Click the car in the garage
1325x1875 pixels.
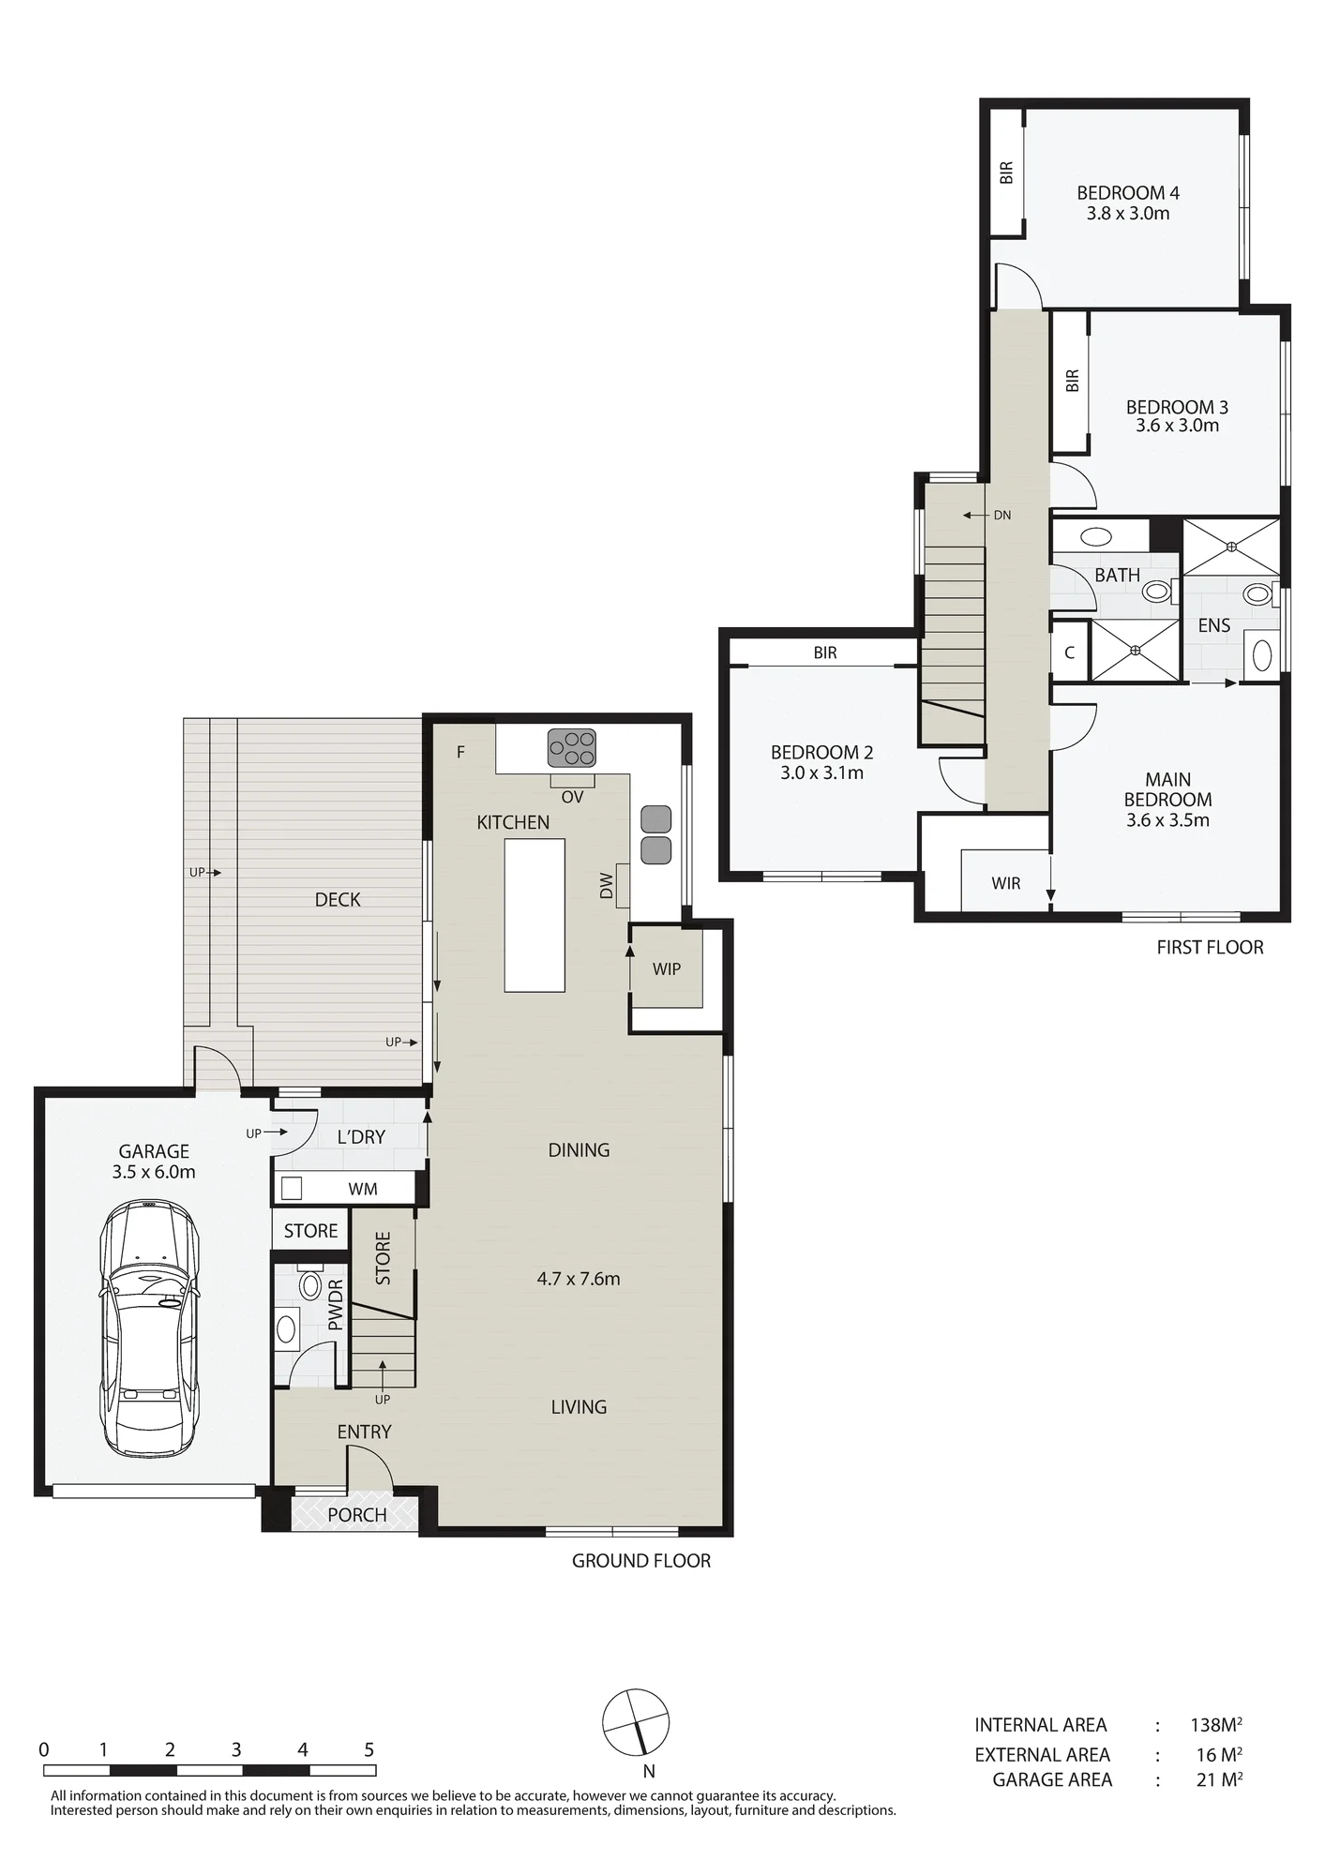[150, 1328]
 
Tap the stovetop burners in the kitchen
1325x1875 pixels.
[572, 749]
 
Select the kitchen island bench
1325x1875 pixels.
[535, 915]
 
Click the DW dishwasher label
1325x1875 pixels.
[606, 886]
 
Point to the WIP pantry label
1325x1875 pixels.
[667, 968]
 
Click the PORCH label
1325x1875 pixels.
[357, 1515]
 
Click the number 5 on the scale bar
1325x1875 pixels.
[369, 1749]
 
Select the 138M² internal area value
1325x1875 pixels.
[1216, 1725]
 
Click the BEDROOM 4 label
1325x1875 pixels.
[1128, 193]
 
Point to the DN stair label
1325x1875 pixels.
[1002, 515]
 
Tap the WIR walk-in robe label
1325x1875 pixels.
[1006, 883]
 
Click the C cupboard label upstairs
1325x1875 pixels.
[1070, 652]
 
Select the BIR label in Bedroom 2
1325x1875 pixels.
[825, 652]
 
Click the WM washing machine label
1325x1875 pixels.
[363, 1189]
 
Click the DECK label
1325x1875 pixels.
[338, 900]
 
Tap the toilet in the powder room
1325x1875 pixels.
[309, 1284]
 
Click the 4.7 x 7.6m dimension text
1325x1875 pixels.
[579, 1279]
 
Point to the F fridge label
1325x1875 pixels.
[460, 752]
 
